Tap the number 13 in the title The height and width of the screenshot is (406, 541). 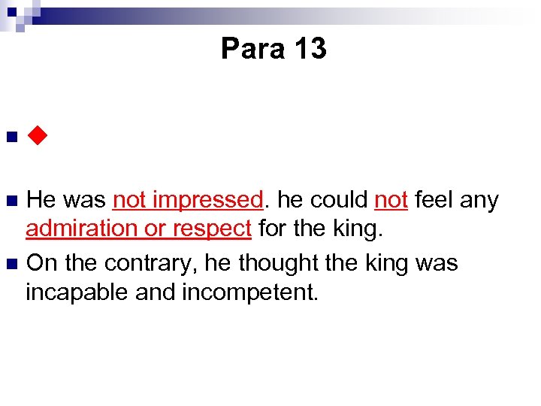[310, 49]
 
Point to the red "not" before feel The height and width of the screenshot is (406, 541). [391, 201]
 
